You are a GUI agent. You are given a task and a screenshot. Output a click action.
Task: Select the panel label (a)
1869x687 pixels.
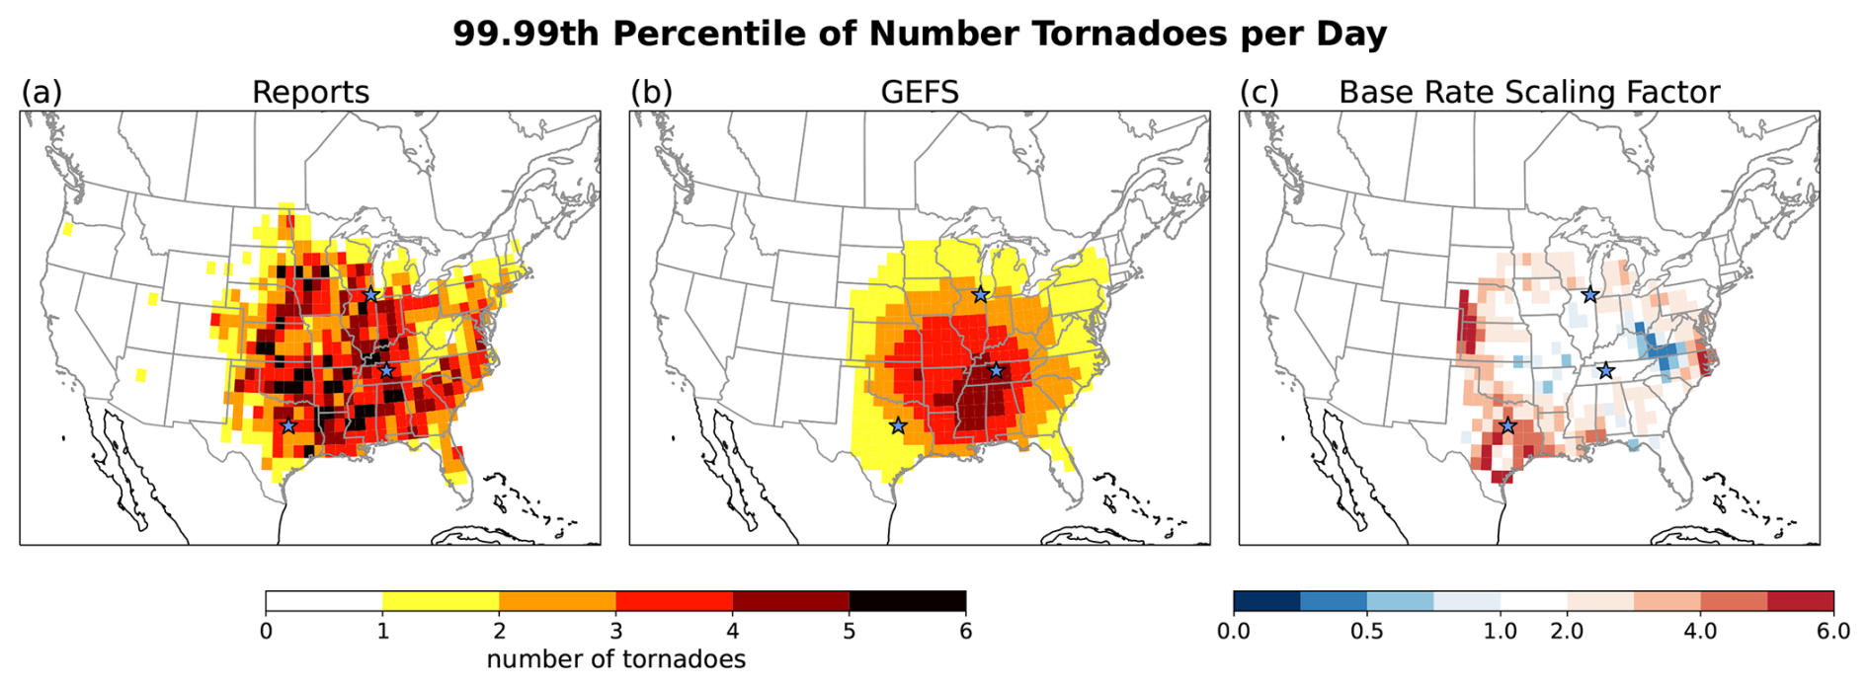pyautogui.click(x=41, y=92)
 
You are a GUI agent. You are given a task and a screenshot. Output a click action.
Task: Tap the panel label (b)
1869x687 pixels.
pyautogui.click(x=651, y=92)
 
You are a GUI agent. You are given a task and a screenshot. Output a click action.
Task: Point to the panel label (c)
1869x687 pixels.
pyautogui.click(x=1260, y=92)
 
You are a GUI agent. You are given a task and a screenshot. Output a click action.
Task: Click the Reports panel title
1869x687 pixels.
pyautogui.click(x=310, y=92)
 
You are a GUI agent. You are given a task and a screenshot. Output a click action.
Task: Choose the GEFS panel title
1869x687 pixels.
pyautogui.click(x=919, y=92)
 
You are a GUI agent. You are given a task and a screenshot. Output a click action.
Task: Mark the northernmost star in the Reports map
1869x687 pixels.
pyautogui.click(x=370, y=294)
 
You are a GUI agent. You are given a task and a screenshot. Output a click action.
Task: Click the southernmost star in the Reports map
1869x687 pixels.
pyautogui.click(x=287, y=425)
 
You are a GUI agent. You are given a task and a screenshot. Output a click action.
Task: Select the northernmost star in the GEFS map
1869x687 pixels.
pyautogui.click(x=980, y=294)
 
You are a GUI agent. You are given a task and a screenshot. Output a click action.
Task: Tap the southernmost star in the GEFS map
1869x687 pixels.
pyautogui.click(x=897, y=425)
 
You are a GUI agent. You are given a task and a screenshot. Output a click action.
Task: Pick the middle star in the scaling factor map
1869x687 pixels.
pyautogui.click(x=1605, y=370)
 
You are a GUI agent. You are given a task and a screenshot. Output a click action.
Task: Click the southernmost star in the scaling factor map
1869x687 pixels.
pyautogui.click(x=1507, y=425)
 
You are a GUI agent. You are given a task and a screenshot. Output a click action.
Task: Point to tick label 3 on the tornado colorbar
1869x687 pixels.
pyautogui.click(x=615, y=631)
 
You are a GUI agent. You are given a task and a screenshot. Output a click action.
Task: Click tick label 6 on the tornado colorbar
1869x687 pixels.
pyautogui.click(x=965, y=631)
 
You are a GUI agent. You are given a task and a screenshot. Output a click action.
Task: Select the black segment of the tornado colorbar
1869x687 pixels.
pyautogui.click(x=907, y=601)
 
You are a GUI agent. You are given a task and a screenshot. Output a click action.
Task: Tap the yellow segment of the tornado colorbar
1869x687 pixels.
pyautogui.click(x=441, y=601)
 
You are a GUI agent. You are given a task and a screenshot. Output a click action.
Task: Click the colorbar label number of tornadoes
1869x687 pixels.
pyautogui.click(x=615, y=659)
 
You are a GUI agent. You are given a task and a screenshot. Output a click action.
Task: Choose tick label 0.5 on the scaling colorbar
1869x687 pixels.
pyautogui.click(x=1366, y=631)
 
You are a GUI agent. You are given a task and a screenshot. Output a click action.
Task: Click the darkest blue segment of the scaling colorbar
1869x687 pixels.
pyautogui.click(x=1266, y=601)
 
